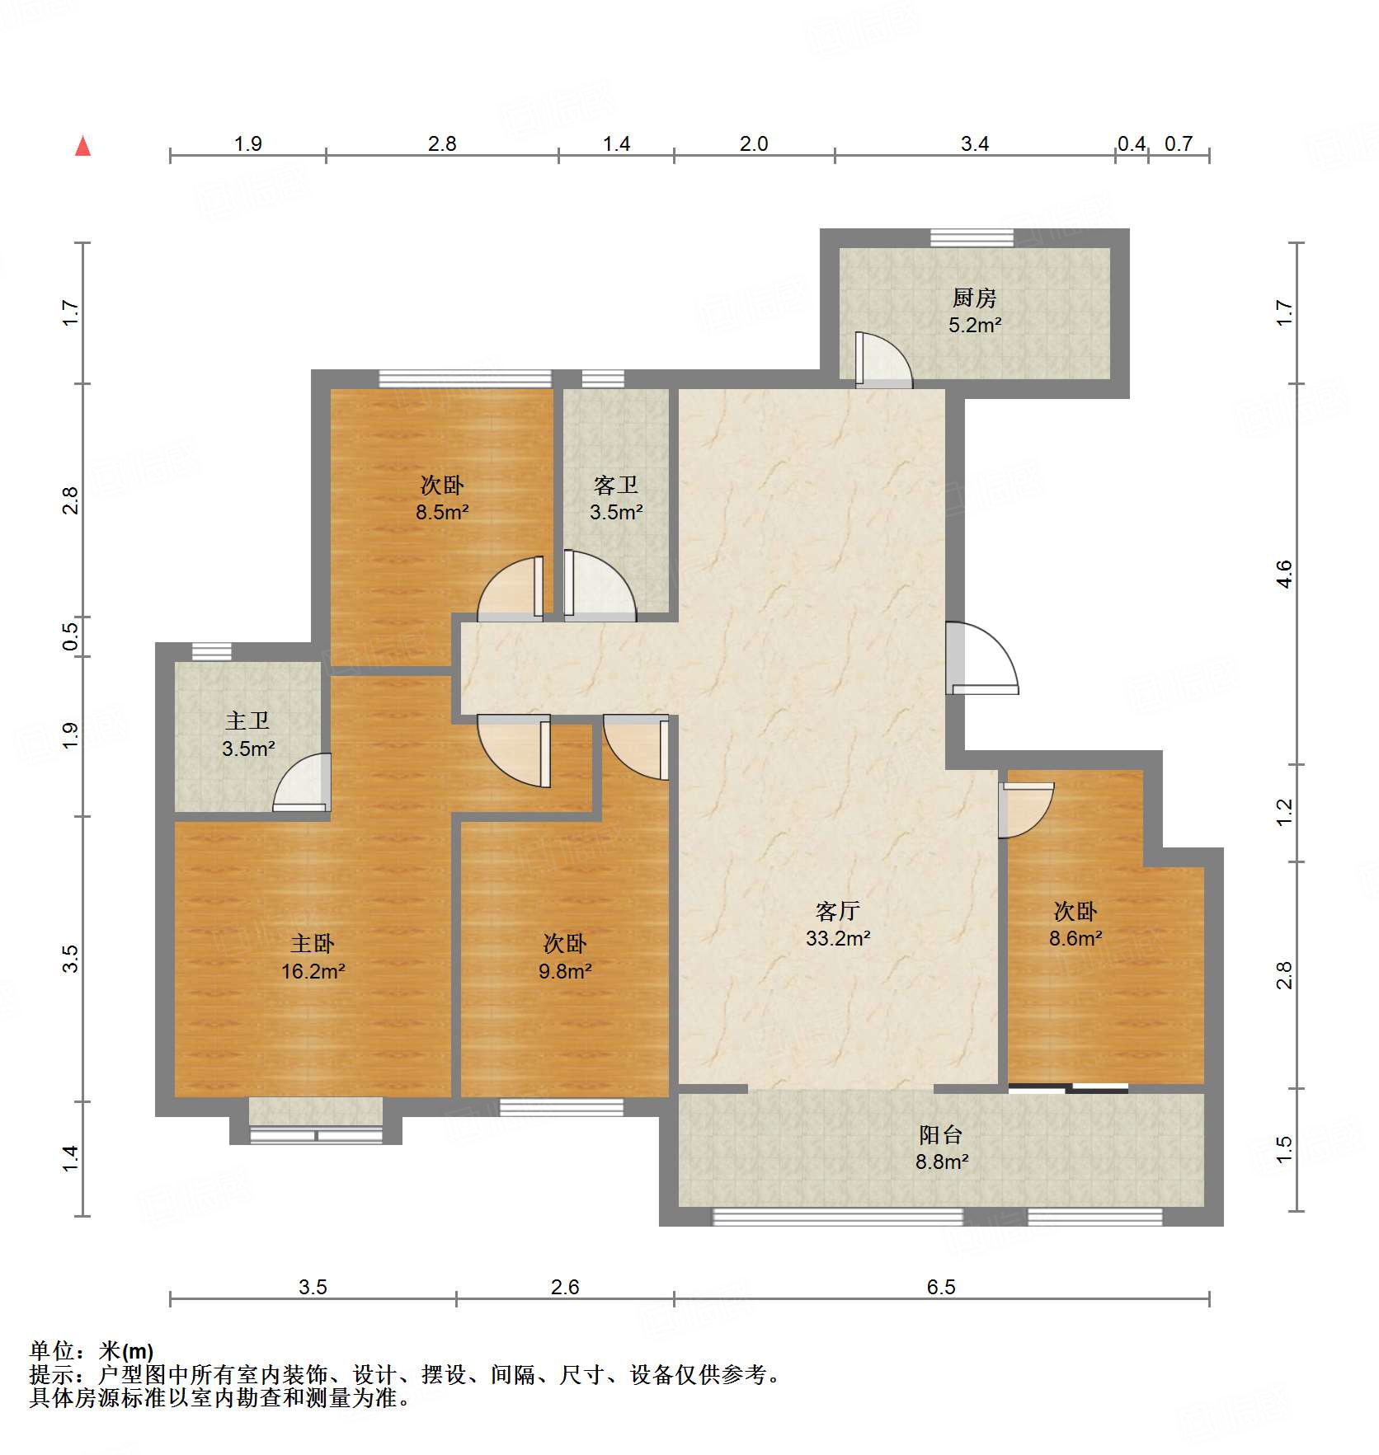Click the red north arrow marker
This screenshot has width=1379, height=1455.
[x=82, y=146]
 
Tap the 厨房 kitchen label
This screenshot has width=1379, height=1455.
[x=974, y=298]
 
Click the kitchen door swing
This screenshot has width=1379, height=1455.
[x=882, y=360]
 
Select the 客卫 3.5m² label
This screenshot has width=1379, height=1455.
[x=616, y=499]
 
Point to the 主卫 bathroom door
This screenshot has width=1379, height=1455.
[x=302, y=782]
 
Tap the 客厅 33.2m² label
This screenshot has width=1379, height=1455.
[x=838, y=924]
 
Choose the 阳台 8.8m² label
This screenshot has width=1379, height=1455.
[x=941, y=1148]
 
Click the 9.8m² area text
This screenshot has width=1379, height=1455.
[x=565, y=972]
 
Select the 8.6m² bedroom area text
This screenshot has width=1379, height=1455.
[x=1075, y=939]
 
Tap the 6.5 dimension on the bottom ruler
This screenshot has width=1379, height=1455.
[x=940, y=1287]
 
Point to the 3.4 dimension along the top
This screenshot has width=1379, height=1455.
[x=974, y=144]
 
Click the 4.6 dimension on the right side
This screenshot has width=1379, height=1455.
[x=1283, y=573]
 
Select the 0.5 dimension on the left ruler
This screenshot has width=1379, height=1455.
[x=71, y=636]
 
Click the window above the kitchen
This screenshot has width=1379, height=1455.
[x=972, y=237]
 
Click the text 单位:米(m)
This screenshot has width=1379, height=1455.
[x=92, y=1351]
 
